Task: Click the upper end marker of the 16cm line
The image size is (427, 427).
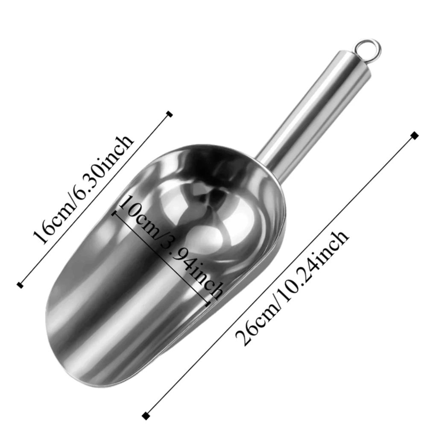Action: click(170, 114)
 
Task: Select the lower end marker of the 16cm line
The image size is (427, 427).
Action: click(19, 284)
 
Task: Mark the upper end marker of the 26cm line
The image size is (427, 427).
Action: click(414, 135)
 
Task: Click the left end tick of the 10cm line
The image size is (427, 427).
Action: click(114, 212)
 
